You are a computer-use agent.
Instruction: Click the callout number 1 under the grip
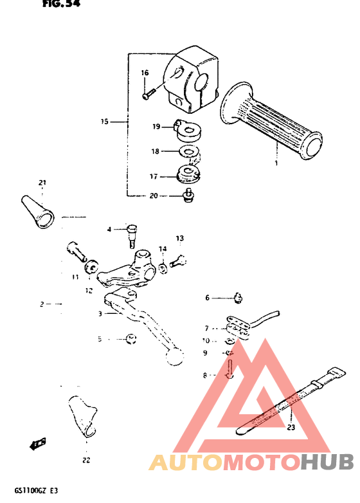coord(276,164)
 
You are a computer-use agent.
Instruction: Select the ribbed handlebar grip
coord(271,120)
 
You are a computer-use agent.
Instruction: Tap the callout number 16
coord(145,73)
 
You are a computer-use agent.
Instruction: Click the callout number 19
coord(156,127)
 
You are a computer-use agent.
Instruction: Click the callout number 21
coord(42,183)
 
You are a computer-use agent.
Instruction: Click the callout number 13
coord(180,239)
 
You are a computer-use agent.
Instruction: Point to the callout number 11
coord(75,277)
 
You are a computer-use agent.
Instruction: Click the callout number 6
coord(208,297)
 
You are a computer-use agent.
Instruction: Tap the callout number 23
coord(291,427)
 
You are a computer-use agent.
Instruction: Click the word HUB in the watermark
coord(327,461)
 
